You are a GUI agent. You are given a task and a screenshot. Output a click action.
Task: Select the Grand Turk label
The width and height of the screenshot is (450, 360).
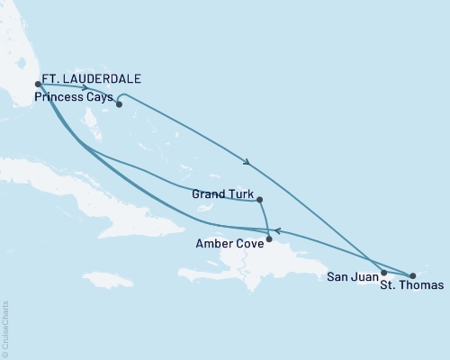(x=223, y=192)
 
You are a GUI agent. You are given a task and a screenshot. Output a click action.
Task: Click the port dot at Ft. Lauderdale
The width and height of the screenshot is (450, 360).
(x=38, y=85)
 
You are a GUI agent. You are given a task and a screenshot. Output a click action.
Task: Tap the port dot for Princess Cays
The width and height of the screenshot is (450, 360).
(x=118, y=103)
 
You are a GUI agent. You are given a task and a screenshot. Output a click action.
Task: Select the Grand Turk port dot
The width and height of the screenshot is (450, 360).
(x=259, y=200)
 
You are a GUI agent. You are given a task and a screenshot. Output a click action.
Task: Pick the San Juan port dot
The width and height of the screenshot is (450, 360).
(x=384, y=273)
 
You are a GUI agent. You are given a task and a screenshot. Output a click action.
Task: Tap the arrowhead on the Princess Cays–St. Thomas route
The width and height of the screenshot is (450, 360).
(x=247, y=162)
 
